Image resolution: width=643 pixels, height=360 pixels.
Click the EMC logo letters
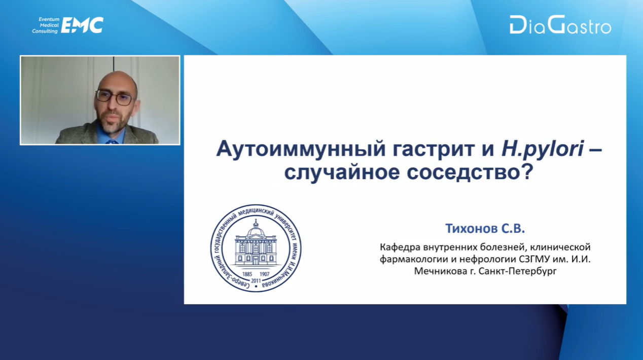82,25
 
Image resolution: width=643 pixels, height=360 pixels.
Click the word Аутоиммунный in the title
300,149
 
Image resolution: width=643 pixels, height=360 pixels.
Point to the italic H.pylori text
543,149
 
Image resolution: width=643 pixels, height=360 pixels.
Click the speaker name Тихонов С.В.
485,229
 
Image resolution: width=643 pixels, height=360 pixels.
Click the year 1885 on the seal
247,274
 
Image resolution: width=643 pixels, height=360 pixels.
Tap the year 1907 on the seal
264,274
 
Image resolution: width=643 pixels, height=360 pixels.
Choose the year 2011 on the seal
256,280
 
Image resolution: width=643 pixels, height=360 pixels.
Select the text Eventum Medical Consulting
46,25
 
